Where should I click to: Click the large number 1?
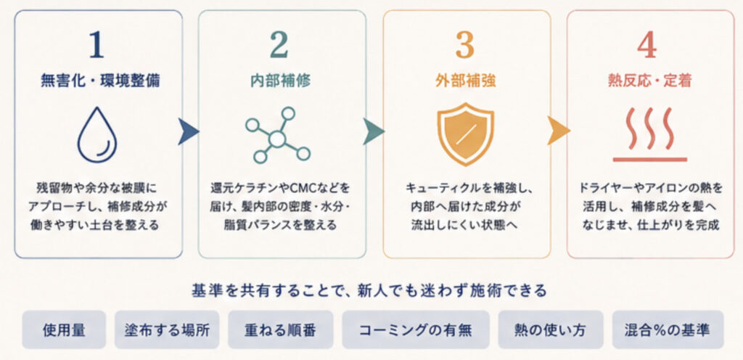tap(97, 46)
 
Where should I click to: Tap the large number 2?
tap(279, 46)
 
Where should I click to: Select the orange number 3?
tap(465, 46)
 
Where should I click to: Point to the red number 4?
tap(647, 46)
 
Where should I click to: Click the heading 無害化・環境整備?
tap(100, 81)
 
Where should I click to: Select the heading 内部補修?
tap(281, 81)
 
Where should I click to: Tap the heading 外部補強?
tap(466, 81)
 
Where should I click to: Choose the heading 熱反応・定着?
tap(649, 81)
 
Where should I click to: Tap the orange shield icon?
tap(465, 134)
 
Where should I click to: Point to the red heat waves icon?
tap(649, 134)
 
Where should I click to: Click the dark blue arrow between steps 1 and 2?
tap(188, 131)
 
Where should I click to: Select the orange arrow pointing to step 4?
tap(558, 131)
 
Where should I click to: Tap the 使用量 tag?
tap(64, 330)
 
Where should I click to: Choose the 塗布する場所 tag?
tap(167, 330)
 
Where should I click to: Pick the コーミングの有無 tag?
tap(416, 330)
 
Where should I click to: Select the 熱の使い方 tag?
tap(551, 330)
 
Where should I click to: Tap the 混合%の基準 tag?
tap(668, 330)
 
